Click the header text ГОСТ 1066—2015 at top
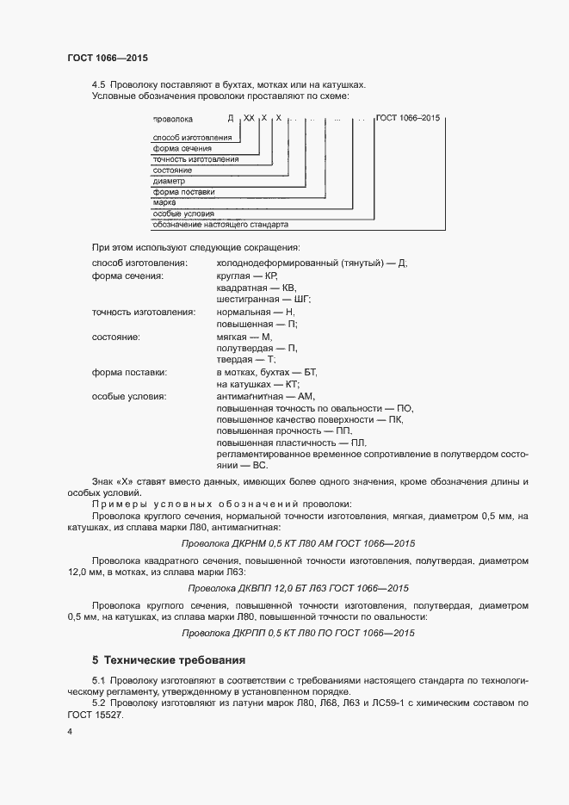point(108,58)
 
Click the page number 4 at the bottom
point(70,731)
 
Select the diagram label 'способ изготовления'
point(191,139)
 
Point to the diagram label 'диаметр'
point(169,181)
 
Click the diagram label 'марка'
point(164,201)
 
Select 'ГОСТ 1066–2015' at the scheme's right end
point(408,117)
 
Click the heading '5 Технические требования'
point(169,660)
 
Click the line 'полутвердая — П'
point(257,348)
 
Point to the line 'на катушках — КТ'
point(257,384)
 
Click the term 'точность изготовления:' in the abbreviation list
point(144,311)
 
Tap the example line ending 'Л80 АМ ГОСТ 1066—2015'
point(298,543)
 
